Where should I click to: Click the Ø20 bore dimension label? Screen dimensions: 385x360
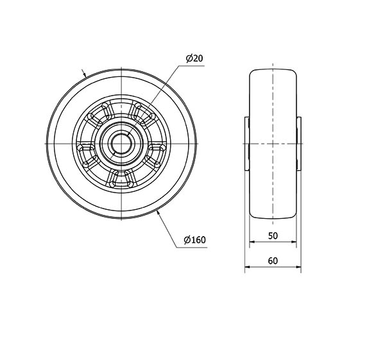(x=194, y=58)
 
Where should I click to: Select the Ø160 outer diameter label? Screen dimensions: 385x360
(x=194, y=239)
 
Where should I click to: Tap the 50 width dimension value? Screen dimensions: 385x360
(x=273, y=236)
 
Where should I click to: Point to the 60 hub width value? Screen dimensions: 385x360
(x=273, y=261)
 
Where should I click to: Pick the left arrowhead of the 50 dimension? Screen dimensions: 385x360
(x=252, y=242)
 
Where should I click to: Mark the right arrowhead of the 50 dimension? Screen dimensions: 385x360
(x=294, y=242)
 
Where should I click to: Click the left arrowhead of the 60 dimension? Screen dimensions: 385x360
(x=248, y=267)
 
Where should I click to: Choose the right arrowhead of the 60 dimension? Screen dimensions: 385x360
(x=298, y=267)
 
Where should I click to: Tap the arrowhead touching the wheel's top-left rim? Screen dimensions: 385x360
(x=85, y=74)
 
